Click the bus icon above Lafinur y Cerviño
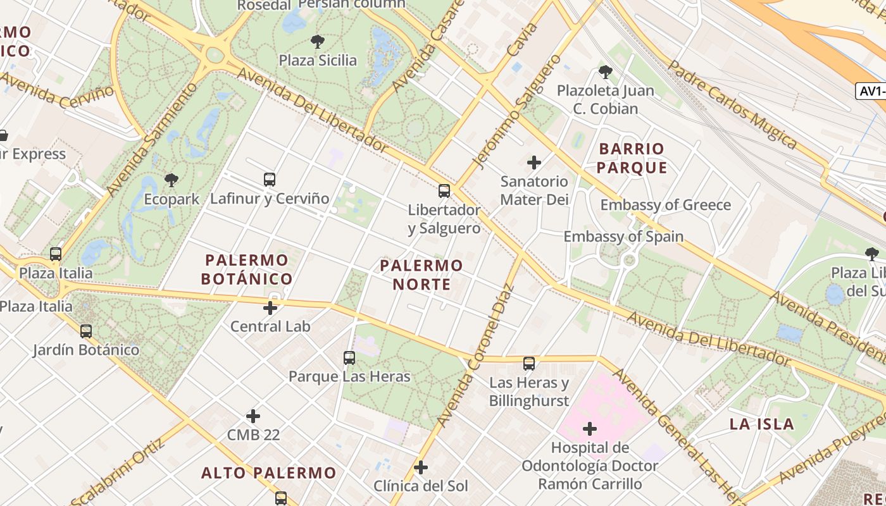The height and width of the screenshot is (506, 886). click(270, 180)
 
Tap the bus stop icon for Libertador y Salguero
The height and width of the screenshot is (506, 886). click(444, 190)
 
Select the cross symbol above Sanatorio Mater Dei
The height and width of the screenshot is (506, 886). click(534, 163)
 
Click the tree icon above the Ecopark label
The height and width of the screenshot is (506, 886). click(171, 180)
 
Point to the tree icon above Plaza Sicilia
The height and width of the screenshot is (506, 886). click(318, 42)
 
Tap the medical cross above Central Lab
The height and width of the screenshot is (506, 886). click(270, 308)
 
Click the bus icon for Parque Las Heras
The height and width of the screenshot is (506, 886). click(349, 358)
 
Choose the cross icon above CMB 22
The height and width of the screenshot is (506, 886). click(253, 416)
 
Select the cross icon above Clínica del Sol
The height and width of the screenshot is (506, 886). click(421, 467)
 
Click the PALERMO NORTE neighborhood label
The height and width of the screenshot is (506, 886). click(421, 275)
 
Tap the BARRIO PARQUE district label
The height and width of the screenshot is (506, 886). click(632, 158)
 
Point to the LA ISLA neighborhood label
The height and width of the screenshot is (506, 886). click(761, 424)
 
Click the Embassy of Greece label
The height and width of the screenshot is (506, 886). click(665, 205)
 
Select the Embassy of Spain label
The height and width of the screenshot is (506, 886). click(623, 237)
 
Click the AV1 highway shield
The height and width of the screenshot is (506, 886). click(871, 91)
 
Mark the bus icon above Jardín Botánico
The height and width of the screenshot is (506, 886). click(86, 331)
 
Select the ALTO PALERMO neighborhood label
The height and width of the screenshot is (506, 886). click(269, 472)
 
